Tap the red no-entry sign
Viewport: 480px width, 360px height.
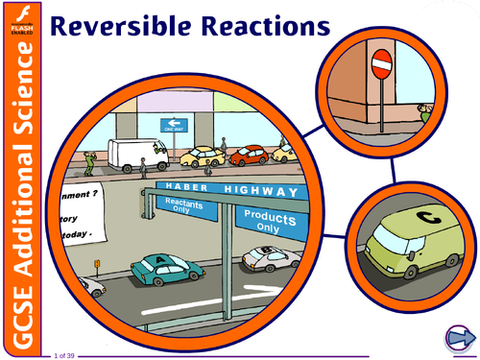click(381, 64)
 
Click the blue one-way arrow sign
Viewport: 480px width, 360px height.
click(174, 124)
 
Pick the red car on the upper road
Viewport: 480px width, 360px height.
click(248, 155)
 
